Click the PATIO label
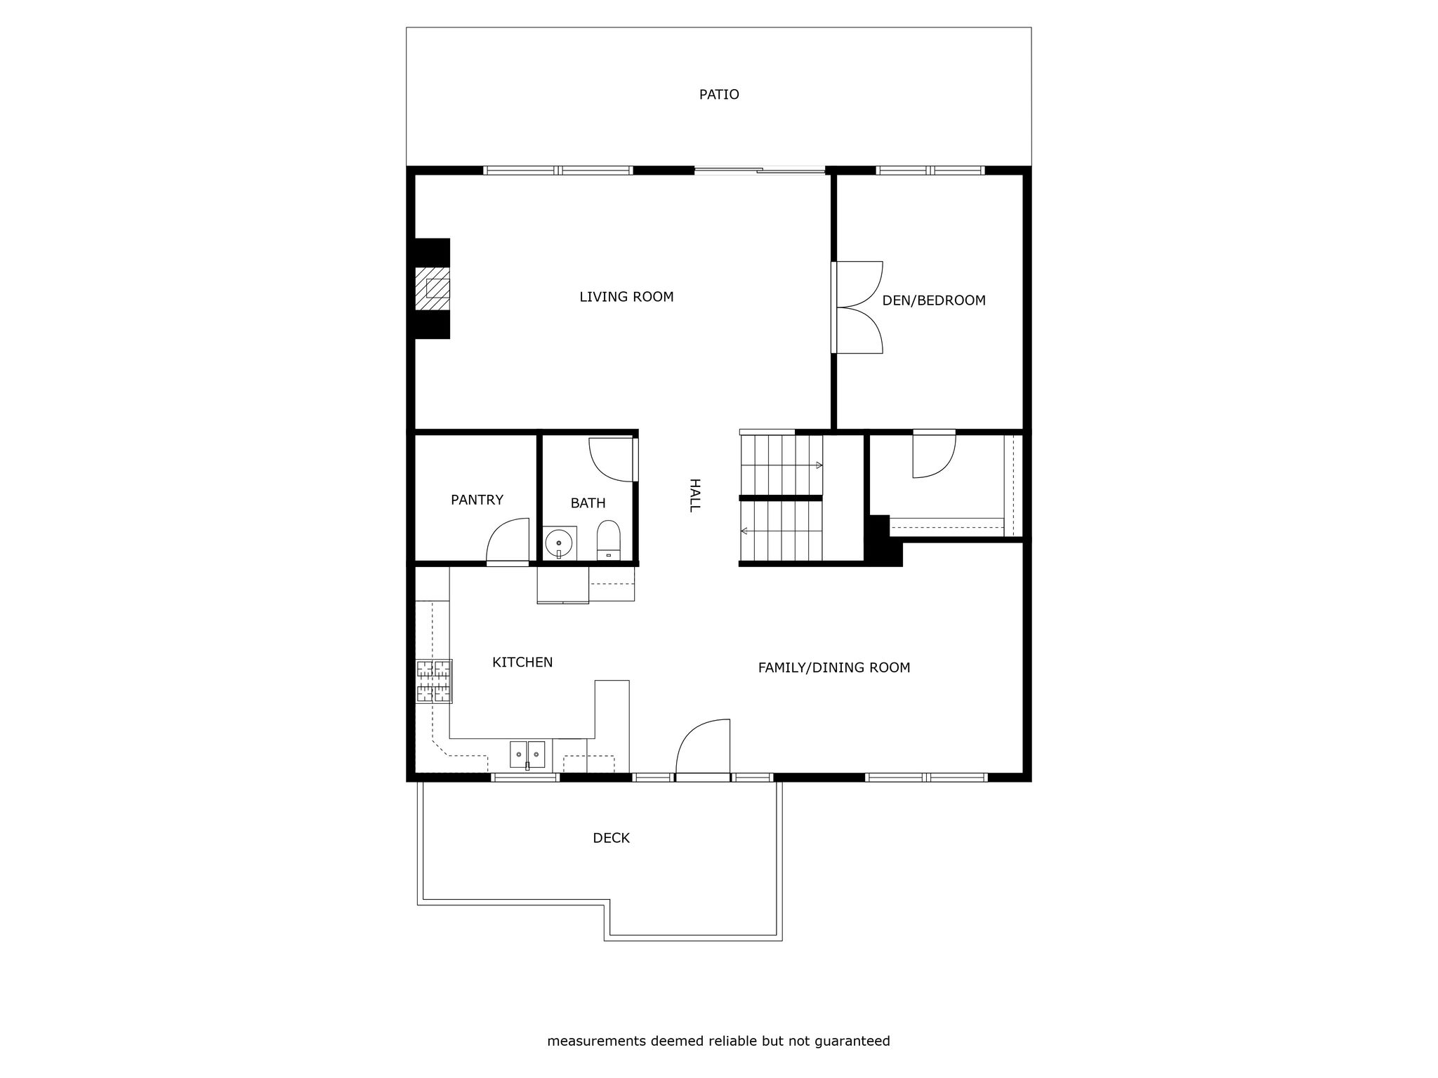[x=719, y=95]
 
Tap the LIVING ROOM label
[x=626, y=297]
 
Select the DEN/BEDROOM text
[x=934, y=300]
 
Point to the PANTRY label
[x=477, y=500]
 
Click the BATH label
[x=588, y=503]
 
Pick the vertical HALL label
[x=694, y=495]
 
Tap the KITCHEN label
[x=522, y=663]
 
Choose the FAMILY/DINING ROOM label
[x=834, y=667]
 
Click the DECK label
[x=611, y=838]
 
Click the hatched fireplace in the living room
[x=432, y=288]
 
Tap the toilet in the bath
[x=608, y=540]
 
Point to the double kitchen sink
[x=527, y=754]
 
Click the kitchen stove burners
[x=434, y=681]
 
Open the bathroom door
[x=613, y=460]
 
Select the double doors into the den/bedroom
[x=857, y=307]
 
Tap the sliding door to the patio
[x=760, y=170]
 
